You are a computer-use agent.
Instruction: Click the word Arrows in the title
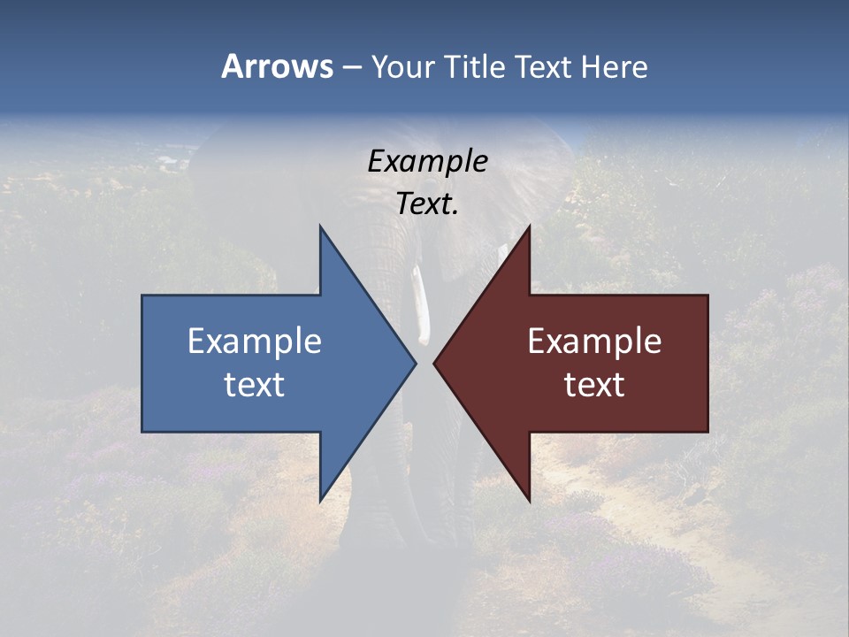(x=277, y=66)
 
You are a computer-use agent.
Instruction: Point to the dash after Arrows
(x=350, y=67)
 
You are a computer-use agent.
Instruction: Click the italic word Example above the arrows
(x=427, y=162)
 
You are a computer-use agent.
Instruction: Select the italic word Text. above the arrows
(x=427, y=203)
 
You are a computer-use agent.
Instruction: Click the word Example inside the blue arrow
(x=255, y=341)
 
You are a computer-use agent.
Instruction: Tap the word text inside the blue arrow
(x=255, y=384)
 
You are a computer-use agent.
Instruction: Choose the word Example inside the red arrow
(x=594, y=341)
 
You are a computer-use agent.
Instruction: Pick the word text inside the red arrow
(x=594, y=384)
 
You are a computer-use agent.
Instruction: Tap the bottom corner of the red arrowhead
(x=529, y=500)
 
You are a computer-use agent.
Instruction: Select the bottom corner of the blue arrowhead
(x=321, y=500)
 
